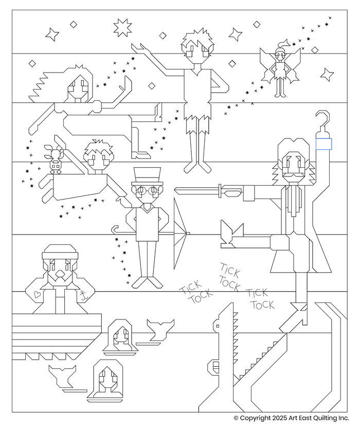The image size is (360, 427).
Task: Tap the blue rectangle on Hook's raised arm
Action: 324,144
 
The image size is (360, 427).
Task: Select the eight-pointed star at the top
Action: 122,27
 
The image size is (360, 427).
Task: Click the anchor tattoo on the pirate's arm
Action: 83,295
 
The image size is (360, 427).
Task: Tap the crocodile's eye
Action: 218,326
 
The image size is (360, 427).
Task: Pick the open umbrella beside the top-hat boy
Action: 181,234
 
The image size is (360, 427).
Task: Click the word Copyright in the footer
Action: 255,418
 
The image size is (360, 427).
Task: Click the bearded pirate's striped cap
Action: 60,252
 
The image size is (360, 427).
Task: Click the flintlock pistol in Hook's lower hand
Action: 231,235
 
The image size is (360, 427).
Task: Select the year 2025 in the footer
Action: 279,418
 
